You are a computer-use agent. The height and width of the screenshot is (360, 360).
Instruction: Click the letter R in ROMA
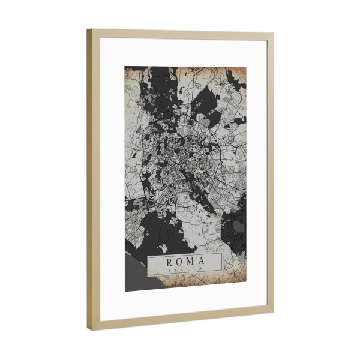[170, 262]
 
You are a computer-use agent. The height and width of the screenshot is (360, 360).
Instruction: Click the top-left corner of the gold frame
[88, 29]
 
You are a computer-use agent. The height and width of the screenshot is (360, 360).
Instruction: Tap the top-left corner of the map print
[125, 66]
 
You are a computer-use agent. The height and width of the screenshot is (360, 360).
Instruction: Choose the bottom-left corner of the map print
[125, 291]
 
